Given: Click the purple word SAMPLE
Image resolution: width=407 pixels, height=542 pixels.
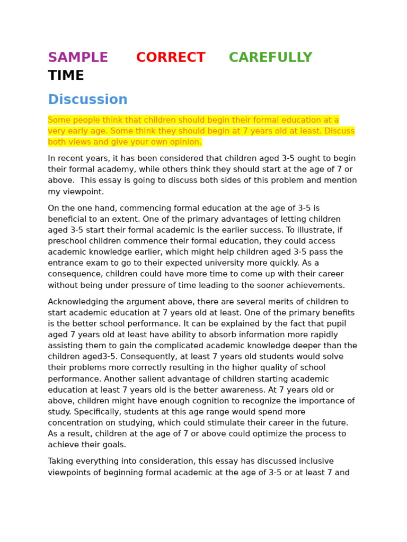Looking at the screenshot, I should pyautogui.click(x=78, y=58).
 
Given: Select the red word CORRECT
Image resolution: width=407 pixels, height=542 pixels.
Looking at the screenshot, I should pyautogui.click(x=171, y=58).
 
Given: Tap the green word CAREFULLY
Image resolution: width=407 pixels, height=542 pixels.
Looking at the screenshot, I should pyautogui.click(x=270, y=58).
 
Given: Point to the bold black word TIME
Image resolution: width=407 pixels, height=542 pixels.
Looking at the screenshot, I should pyautogui.click(x=66, y=76).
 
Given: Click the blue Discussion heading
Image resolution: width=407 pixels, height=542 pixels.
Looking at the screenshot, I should pyautogui.click(x=87, y=100).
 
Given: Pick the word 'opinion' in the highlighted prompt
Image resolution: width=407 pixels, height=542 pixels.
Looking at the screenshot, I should pyautogui.click(x=185, y=142).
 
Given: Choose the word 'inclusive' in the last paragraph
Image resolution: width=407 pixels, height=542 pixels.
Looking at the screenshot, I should pyautogui.click(x=315, y=462).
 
